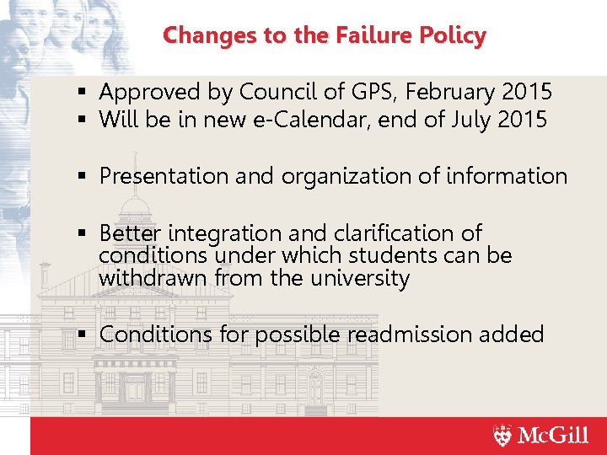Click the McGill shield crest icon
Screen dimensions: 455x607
[502, 436]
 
